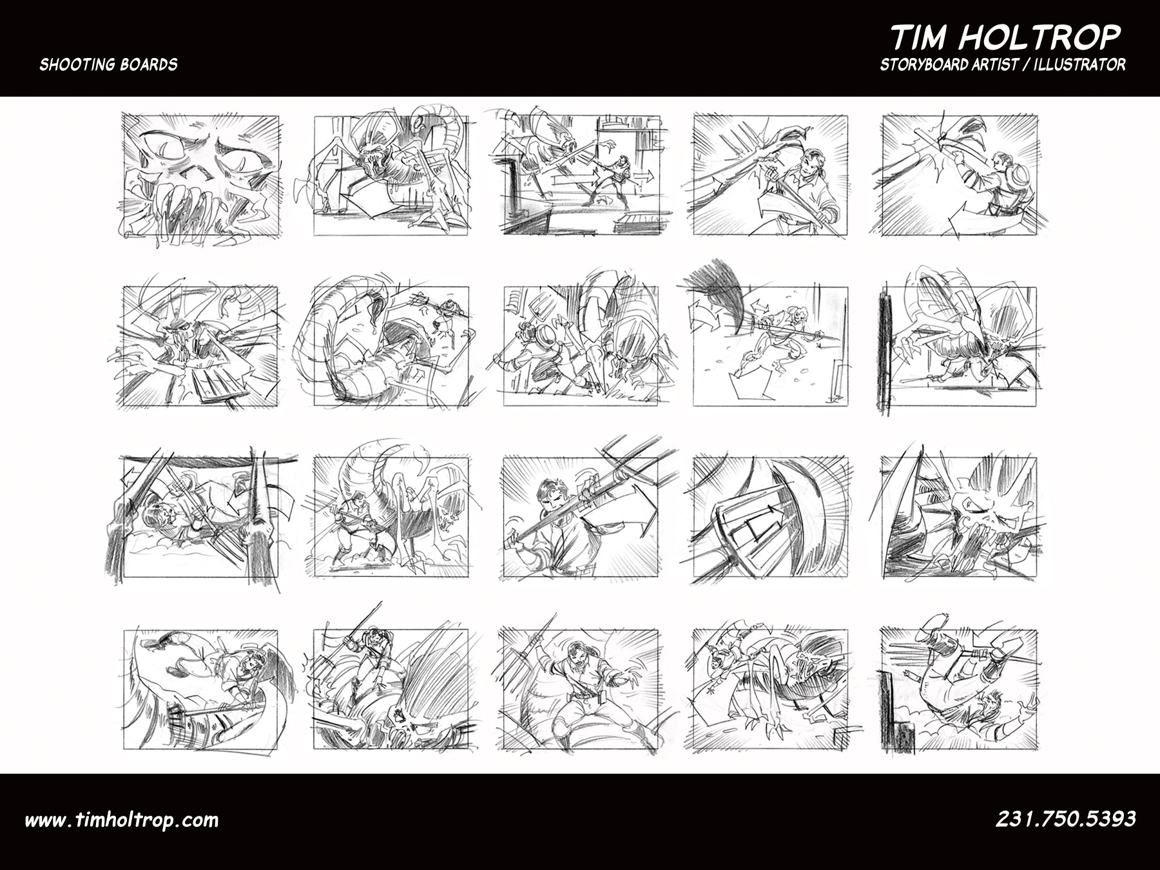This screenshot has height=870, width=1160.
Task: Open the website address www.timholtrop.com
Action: (122, 820)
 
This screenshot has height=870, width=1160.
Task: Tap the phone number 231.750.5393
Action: (1066, 819)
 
